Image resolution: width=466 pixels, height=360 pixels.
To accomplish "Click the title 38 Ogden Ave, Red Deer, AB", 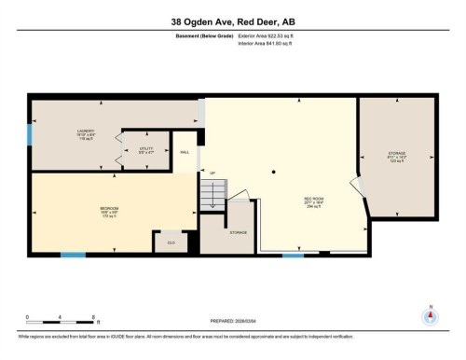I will click(x=232, y=21).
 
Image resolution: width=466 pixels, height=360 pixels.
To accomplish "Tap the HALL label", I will click(x=185, y=151).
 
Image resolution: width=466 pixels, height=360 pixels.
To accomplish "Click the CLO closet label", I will click(x=171, y=242).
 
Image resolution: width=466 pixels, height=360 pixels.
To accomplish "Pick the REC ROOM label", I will click(x=313, y=200).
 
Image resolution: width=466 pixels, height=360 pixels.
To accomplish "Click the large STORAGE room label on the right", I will click(x=398, y=155).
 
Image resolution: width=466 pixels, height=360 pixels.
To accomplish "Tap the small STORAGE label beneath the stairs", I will click(x=239, y=231).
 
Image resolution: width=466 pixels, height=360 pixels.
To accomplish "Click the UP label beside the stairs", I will click(x=212, y=173).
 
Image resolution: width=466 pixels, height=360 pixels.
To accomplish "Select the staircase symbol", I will click(x=213, y=195).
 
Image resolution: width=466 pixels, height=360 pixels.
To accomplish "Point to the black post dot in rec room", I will click(x=273, y=172).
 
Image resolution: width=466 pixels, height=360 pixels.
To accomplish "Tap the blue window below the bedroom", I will click(x=73, y=255).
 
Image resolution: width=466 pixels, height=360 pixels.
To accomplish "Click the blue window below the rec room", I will click(x=294, y=255).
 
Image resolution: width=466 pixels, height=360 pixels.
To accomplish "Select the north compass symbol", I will click(x=430, y=315).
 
